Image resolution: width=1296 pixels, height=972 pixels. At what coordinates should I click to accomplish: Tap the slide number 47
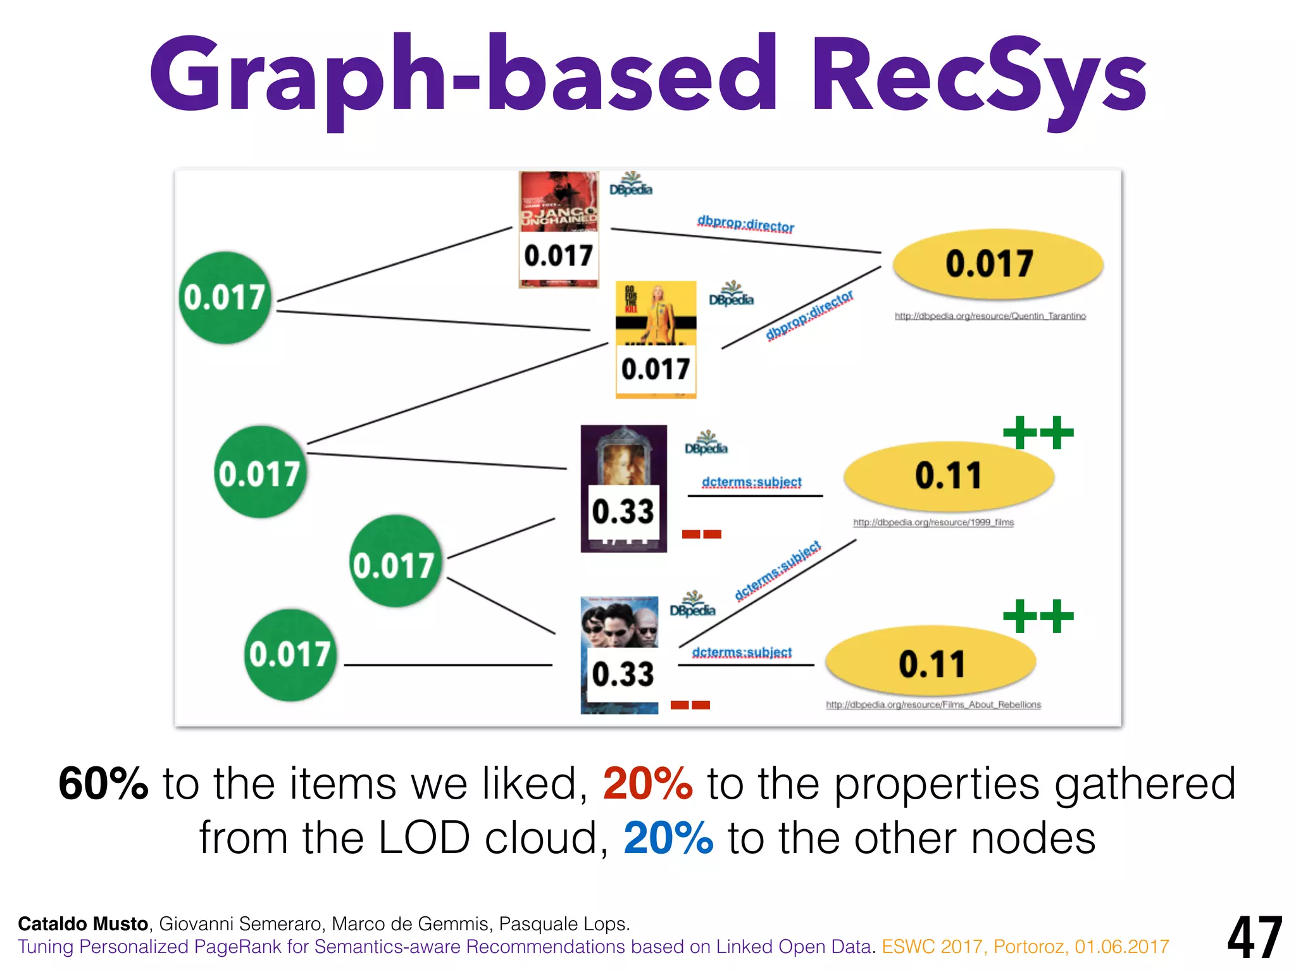pyautogui.click(x=1254, y=938)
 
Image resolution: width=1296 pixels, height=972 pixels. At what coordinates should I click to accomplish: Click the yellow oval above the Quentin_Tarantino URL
pyautogui.click(x=998, y=263)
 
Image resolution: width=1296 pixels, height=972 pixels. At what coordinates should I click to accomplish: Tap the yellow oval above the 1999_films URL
pyautogui.click(x=949, y=476)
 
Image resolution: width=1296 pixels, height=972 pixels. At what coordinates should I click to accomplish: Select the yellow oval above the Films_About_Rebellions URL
pyautogui.click(x=931, y=663)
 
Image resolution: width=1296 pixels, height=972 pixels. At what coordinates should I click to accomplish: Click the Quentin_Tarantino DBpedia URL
pyautogui.click(x=990, y=316)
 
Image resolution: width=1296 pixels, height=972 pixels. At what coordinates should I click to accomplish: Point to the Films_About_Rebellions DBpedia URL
pyautogui.click(x=933, y=704)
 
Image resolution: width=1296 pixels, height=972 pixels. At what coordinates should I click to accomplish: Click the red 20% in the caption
pyautogui.click(x=647, y=784)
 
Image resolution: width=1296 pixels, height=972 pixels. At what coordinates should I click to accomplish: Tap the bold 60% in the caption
pyautogui.click(x=103, y=784)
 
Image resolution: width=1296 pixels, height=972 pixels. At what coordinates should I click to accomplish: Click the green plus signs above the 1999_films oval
pyautogui.click(x=1038, y=433)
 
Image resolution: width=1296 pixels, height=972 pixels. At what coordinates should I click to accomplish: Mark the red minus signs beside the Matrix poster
pyautogui.click(x=690, y=705)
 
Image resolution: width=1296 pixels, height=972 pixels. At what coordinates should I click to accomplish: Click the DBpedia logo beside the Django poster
pyautogui.click(x=630, y=185)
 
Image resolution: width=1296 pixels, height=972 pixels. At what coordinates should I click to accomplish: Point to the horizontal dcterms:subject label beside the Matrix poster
pyautogui.click(x=741, y=652)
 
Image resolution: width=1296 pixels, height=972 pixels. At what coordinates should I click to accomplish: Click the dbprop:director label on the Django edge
pyautogui.click(x=745, y=224)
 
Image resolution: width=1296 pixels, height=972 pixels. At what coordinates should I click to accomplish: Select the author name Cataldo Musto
pyautogui.click(x=83, y=924)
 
